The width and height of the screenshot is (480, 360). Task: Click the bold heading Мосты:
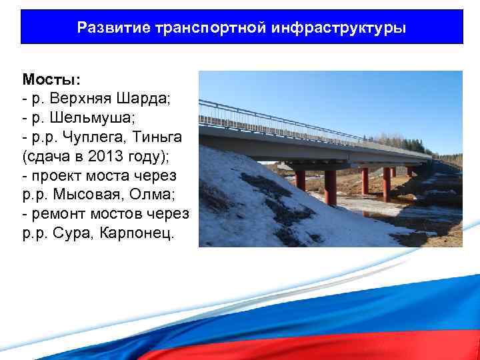point(51,79)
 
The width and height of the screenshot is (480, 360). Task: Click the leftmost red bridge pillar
point(301,179)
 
